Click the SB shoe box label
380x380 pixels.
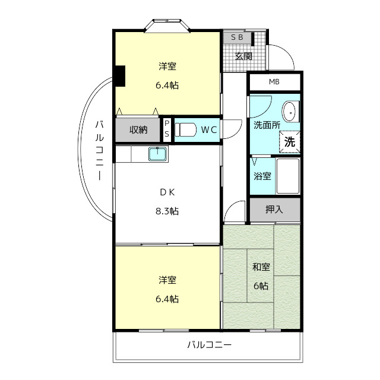(x=237, y=37)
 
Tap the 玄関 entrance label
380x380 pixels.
(x=243, y=56)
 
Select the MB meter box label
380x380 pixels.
(x=274, y=82)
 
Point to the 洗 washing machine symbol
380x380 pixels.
(x=290, y=142)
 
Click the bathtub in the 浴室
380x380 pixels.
(x=287, y=176)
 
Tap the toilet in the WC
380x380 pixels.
(x=185, y=129)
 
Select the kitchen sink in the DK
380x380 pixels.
(x=157, y=154)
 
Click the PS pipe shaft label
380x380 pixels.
(x=167, y=129)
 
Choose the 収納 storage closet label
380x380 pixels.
(x=138, y=130)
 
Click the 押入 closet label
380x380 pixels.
(x=274, y=210)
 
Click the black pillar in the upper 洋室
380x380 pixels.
(x=120, y=76)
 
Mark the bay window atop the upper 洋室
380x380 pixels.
(x=167, y=25)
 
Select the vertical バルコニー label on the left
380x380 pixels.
(x=99, y=150)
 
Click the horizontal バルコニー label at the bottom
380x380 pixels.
(x=210, y=344)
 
